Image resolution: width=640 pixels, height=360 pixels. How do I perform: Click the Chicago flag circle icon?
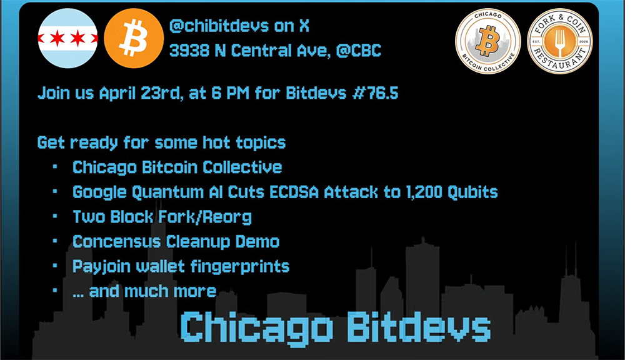pyautogui.click(x=67, y=38)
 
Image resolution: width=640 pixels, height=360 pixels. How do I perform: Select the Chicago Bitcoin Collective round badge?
pyautogui.click(x=487, y=41)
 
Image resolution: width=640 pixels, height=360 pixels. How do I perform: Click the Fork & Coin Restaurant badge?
pyautogui.click(x=559, y=41)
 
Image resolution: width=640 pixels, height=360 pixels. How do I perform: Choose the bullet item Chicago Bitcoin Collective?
pyautogui.click(x=177, y=167)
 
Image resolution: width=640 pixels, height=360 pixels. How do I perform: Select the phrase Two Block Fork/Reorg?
pyautogui.click(x=162, y=217)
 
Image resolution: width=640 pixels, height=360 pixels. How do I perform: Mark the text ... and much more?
pyautogui.click(x=144, y=291)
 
